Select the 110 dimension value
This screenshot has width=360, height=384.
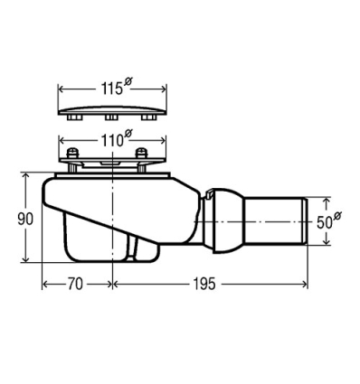click(x=109, y=141)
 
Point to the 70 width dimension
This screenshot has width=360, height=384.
click(x=75, y=284)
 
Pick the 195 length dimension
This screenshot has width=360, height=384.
click(x=204, y=284)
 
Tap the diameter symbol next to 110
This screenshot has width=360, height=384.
click(x=128, y=135)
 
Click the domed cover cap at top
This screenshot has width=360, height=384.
click(x=113, y=111)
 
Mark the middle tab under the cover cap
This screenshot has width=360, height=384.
click(x=113, y=118)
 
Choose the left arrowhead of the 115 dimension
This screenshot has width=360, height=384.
click(x=62, y=90)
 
